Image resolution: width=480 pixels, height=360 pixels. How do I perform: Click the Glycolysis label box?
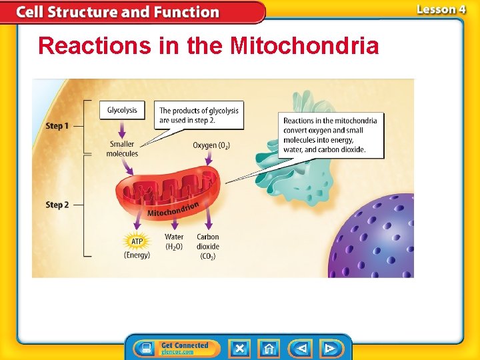point(122,110)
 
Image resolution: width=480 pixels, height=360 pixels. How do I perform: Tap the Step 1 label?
point(57,126)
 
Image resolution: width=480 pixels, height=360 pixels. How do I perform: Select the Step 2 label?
point(57,205)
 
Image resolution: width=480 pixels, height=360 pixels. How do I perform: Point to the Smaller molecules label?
point(122,149)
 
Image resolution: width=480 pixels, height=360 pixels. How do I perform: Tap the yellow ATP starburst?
point(137,241)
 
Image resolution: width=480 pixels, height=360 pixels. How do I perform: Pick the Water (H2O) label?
point(174,241)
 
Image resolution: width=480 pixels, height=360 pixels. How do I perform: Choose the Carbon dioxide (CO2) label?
point(207,246)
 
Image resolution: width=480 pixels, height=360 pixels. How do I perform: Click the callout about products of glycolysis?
point(199,115)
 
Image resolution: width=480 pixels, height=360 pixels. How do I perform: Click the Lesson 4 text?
point(441,9)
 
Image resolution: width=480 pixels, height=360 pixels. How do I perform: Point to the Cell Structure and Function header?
point(117,12)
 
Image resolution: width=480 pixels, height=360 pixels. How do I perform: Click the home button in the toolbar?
point(269,348)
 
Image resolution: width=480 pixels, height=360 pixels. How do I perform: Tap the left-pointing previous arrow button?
point(301,348)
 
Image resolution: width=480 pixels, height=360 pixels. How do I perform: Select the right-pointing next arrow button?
point(329,348)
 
